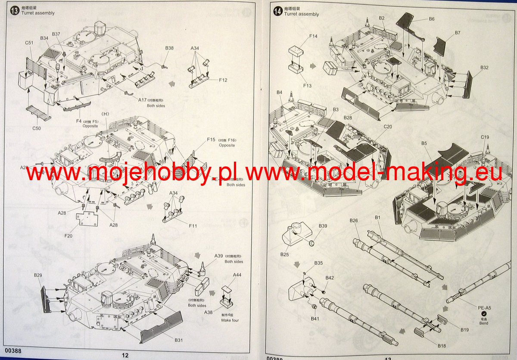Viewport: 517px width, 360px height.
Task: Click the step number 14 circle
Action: (278, 12)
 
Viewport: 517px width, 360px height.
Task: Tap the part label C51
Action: (29, 43)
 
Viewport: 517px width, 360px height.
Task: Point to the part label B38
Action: (169, 48)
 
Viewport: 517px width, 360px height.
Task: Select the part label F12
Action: (223, 80)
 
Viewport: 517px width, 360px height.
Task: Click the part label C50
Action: (36, 128)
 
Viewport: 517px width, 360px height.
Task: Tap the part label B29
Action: (38, 275)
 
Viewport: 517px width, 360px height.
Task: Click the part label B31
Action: (179, 340)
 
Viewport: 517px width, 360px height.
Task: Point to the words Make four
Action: (230, 320)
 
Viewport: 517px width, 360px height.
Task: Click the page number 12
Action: (125, 355)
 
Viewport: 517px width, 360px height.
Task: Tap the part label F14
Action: (313, 36)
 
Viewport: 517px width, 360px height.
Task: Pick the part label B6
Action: (431, 19)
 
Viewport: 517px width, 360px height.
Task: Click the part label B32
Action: (484, 68)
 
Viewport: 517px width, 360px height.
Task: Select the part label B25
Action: (284, 254)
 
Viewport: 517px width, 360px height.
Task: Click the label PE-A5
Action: (484, 307)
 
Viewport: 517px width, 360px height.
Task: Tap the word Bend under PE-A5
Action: (484, 323)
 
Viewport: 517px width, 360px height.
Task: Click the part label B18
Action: (442, 346)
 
